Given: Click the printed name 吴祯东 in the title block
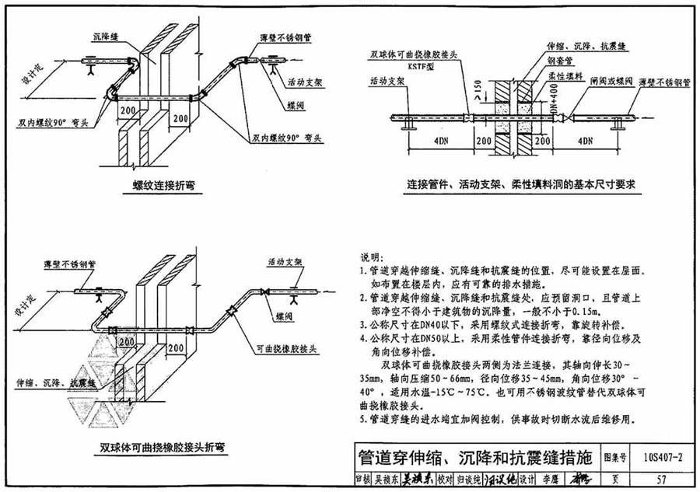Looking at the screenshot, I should click(x=383, y=479).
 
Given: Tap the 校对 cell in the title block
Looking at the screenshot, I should click(x=444, y=479).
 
